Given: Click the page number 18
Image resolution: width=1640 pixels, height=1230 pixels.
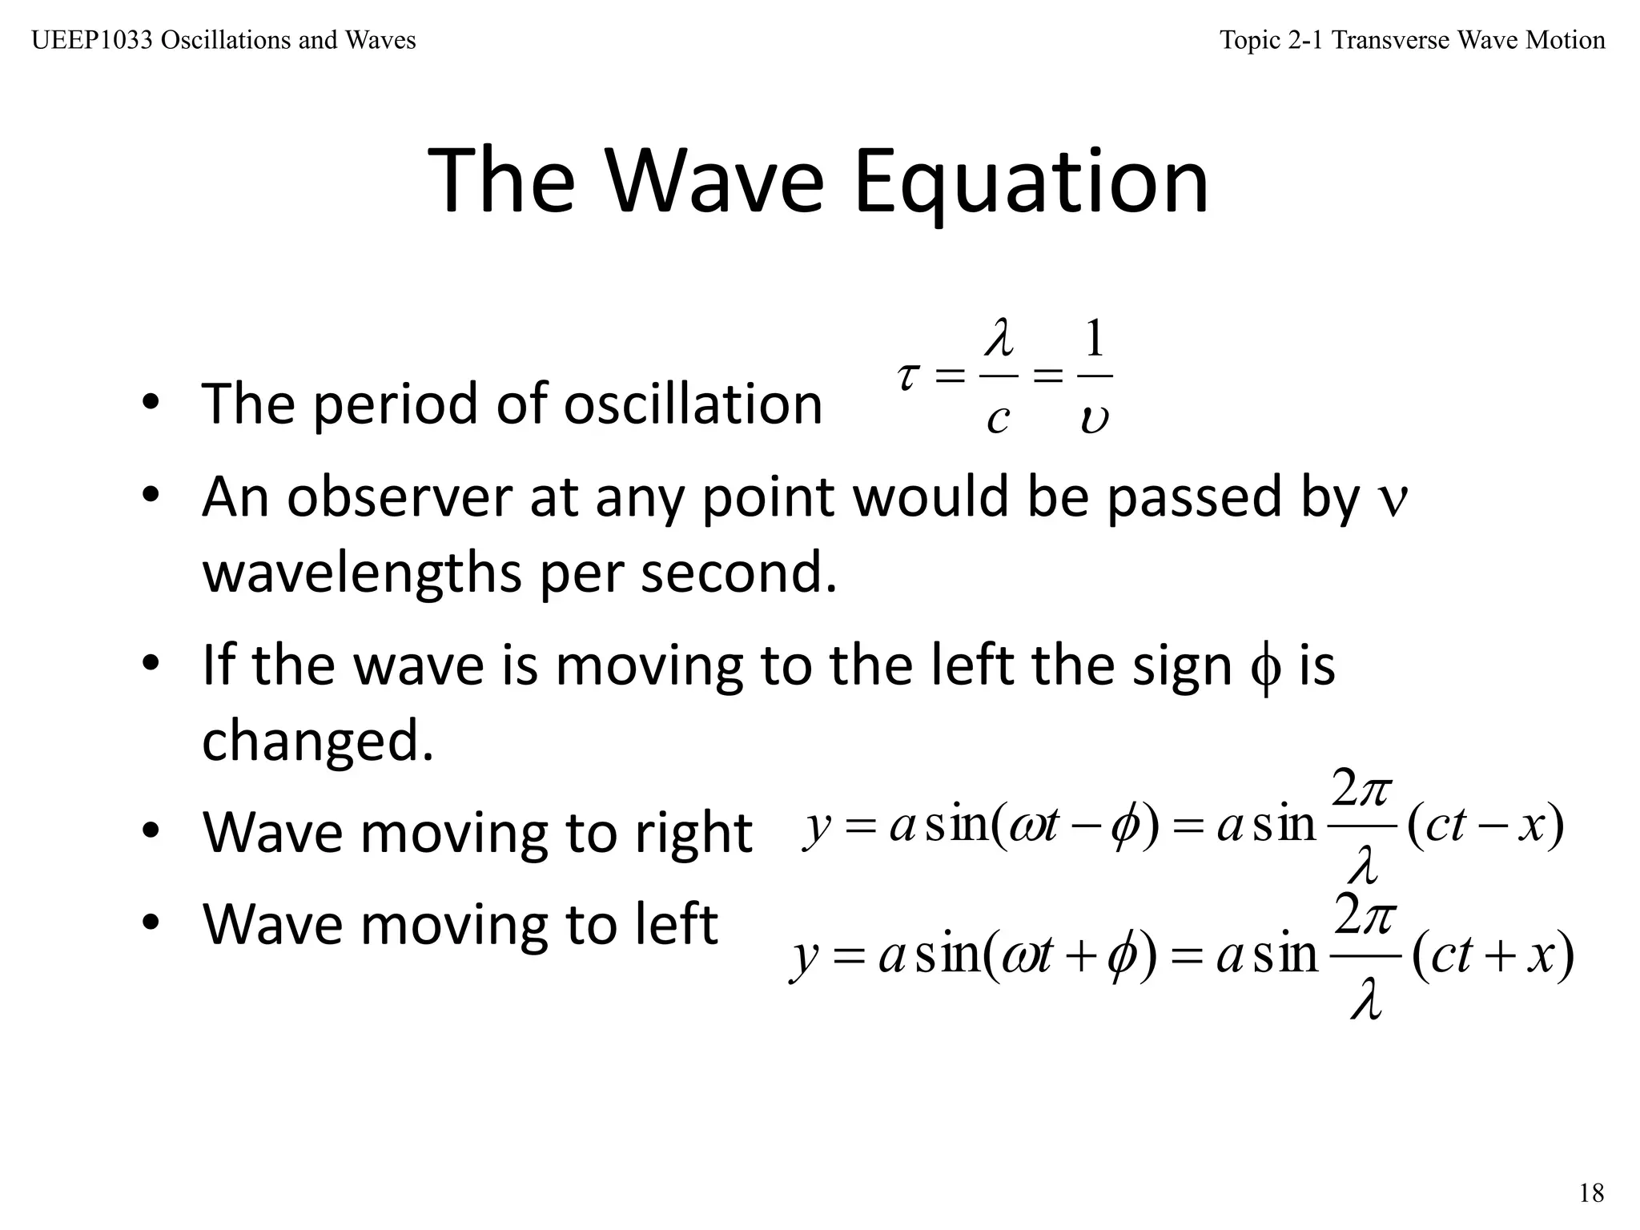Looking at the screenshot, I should point(1591,1193).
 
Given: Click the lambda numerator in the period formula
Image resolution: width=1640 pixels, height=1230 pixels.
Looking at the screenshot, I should point(999,338).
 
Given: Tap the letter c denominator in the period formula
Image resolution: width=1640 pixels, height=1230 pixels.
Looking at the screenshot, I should point(997,419).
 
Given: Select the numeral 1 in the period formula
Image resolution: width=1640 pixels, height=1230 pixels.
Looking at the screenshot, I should point(1094,338).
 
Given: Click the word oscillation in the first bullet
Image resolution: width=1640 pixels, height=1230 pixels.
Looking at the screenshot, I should point(693,404).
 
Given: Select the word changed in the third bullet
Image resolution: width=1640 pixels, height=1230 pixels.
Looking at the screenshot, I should point(317,742).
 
